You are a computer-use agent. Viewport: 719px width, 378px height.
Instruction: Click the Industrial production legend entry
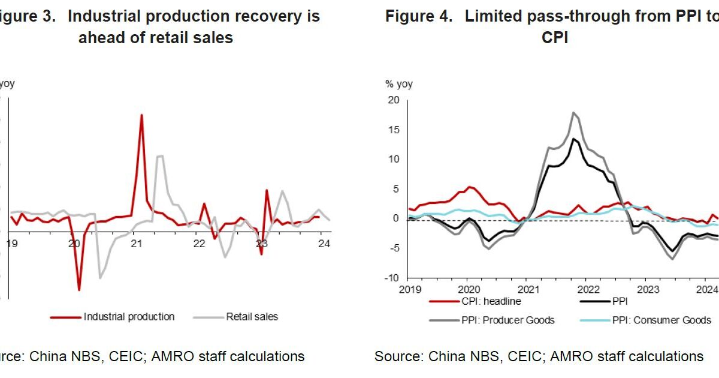[129, 316]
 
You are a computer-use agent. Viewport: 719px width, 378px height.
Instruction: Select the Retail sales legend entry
[252, 316]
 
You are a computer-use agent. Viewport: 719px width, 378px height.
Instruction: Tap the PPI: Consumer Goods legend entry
[661, 320]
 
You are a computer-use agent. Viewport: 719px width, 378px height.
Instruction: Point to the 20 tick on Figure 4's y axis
[393, 100]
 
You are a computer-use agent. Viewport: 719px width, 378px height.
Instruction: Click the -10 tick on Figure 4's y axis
[391, 278]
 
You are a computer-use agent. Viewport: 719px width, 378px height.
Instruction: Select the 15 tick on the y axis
[393, 130]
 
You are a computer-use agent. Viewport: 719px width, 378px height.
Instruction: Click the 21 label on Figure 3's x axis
[136, 244]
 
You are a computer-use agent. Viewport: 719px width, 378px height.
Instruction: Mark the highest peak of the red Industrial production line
[141, 115]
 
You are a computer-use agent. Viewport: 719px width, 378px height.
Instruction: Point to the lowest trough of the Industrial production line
[79, 290]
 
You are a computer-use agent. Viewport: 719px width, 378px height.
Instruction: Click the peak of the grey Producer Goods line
[573, 112]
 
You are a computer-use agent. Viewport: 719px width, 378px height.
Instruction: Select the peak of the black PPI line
[573, 139]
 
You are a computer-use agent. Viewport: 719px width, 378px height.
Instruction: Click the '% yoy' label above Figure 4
[399, 84]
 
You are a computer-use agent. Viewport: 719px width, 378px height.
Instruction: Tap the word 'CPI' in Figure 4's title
[555, 37]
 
